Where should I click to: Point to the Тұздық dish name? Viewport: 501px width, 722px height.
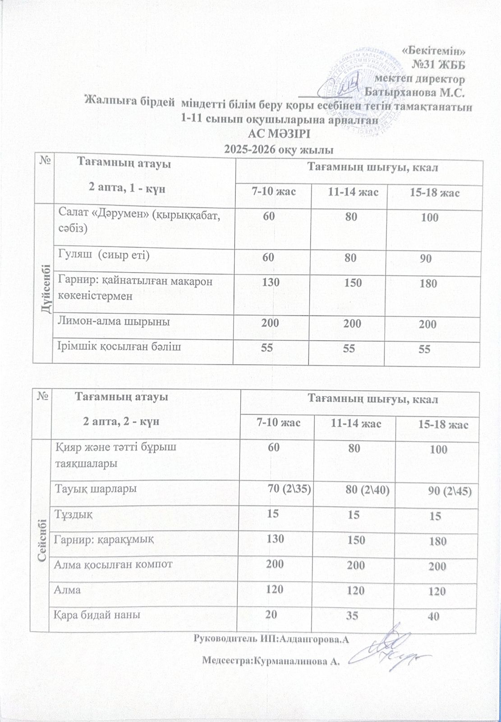(74, 514)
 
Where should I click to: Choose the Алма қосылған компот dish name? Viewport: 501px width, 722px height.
(113, 564)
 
